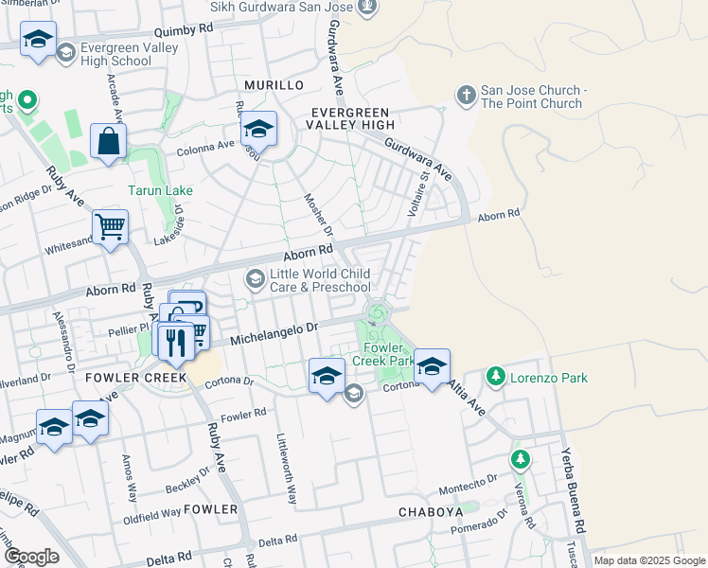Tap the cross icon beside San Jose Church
click(x=466, y=95)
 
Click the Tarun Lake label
click(x=161, y=190)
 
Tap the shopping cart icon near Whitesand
click(x=111, y=227)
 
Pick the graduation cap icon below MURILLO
click(x=259, y=128)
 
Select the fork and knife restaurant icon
click(x=174, y=341)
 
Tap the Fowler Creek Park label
click(x=383, y=354)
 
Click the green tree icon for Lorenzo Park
click(x=495, y=378)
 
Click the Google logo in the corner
click(x=31, y=557)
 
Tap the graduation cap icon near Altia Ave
click(x=432, y=366)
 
